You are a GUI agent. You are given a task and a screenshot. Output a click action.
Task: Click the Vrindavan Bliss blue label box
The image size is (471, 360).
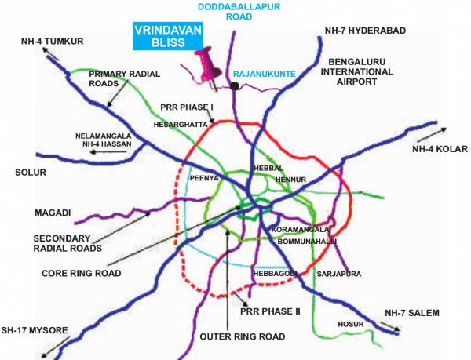point(166,37)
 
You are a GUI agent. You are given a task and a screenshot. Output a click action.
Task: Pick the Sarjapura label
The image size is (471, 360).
point(336,275)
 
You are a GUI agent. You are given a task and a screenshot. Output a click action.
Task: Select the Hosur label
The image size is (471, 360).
point(349,323)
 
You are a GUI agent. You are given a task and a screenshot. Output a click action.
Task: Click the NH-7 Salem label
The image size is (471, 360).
point(412,313)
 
